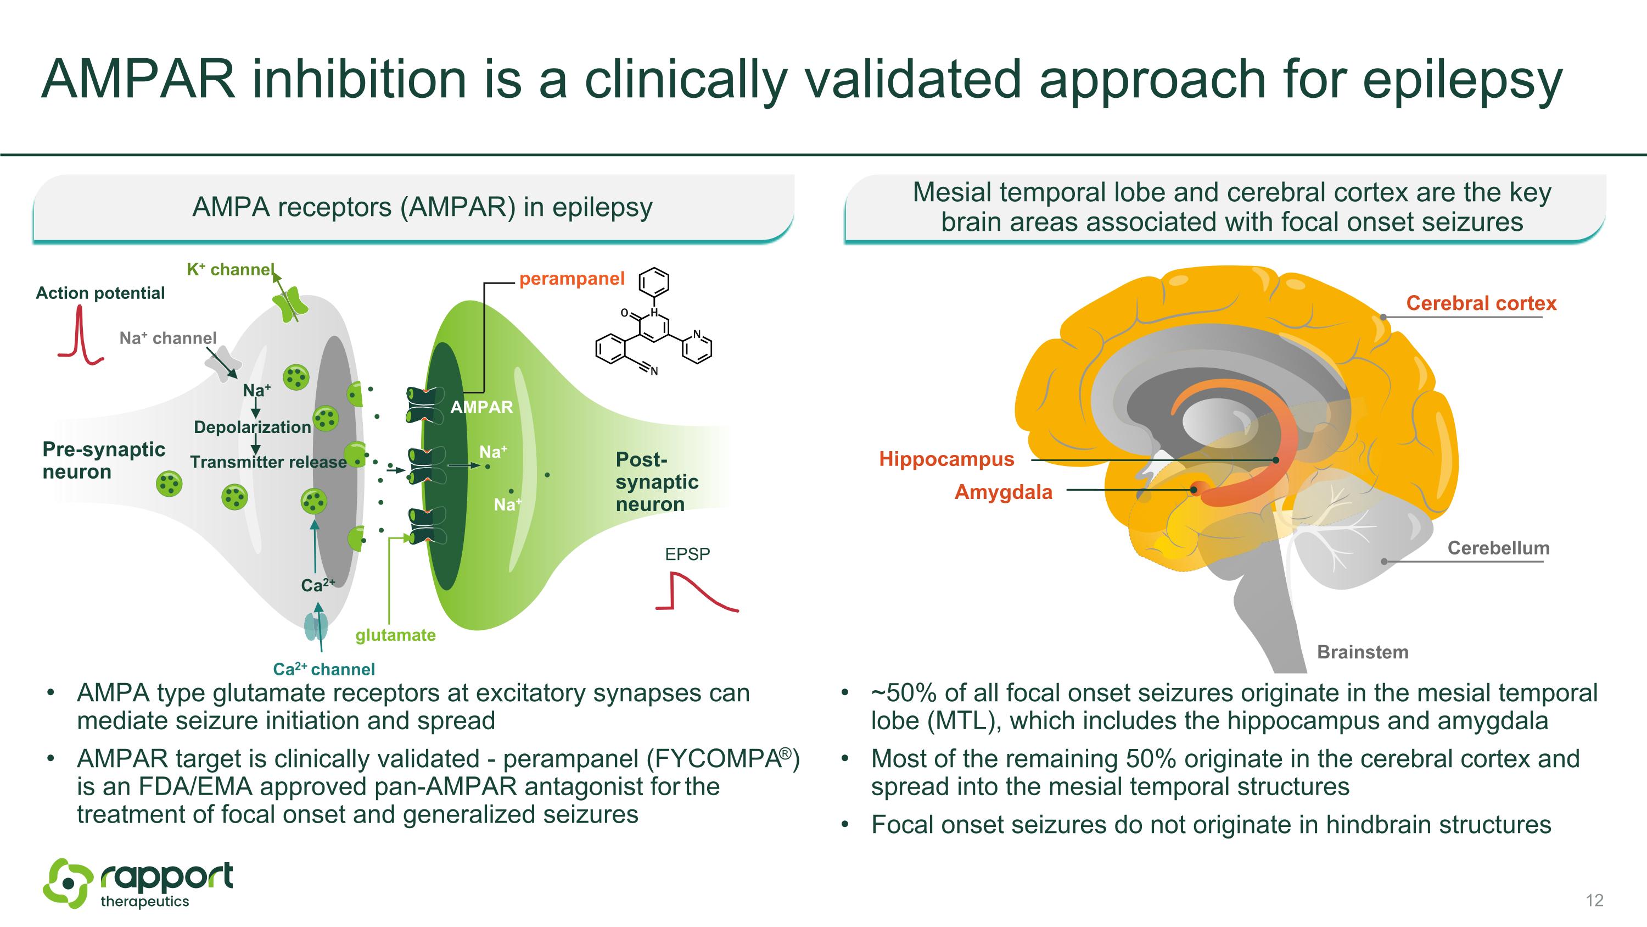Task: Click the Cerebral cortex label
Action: tap(1481, 303)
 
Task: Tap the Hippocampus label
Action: tap(946, 459)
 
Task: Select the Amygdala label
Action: tap(1003, 492)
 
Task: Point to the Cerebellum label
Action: tap(1498, 548)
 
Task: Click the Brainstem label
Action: tap(1363, 652)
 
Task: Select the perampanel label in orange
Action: tap(572, 279)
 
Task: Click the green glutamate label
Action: tap(395, 635)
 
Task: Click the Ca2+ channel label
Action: tap(323, 669)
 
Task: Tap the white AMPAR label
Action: tap(481, 408)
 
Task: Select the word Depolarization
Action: tap(252, 428)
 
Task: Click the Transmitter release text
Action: tap(268, 462)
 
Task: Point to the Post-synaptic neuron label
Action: tap(657, 482)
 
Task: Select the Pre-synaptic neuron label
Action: tap(104, 460)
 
